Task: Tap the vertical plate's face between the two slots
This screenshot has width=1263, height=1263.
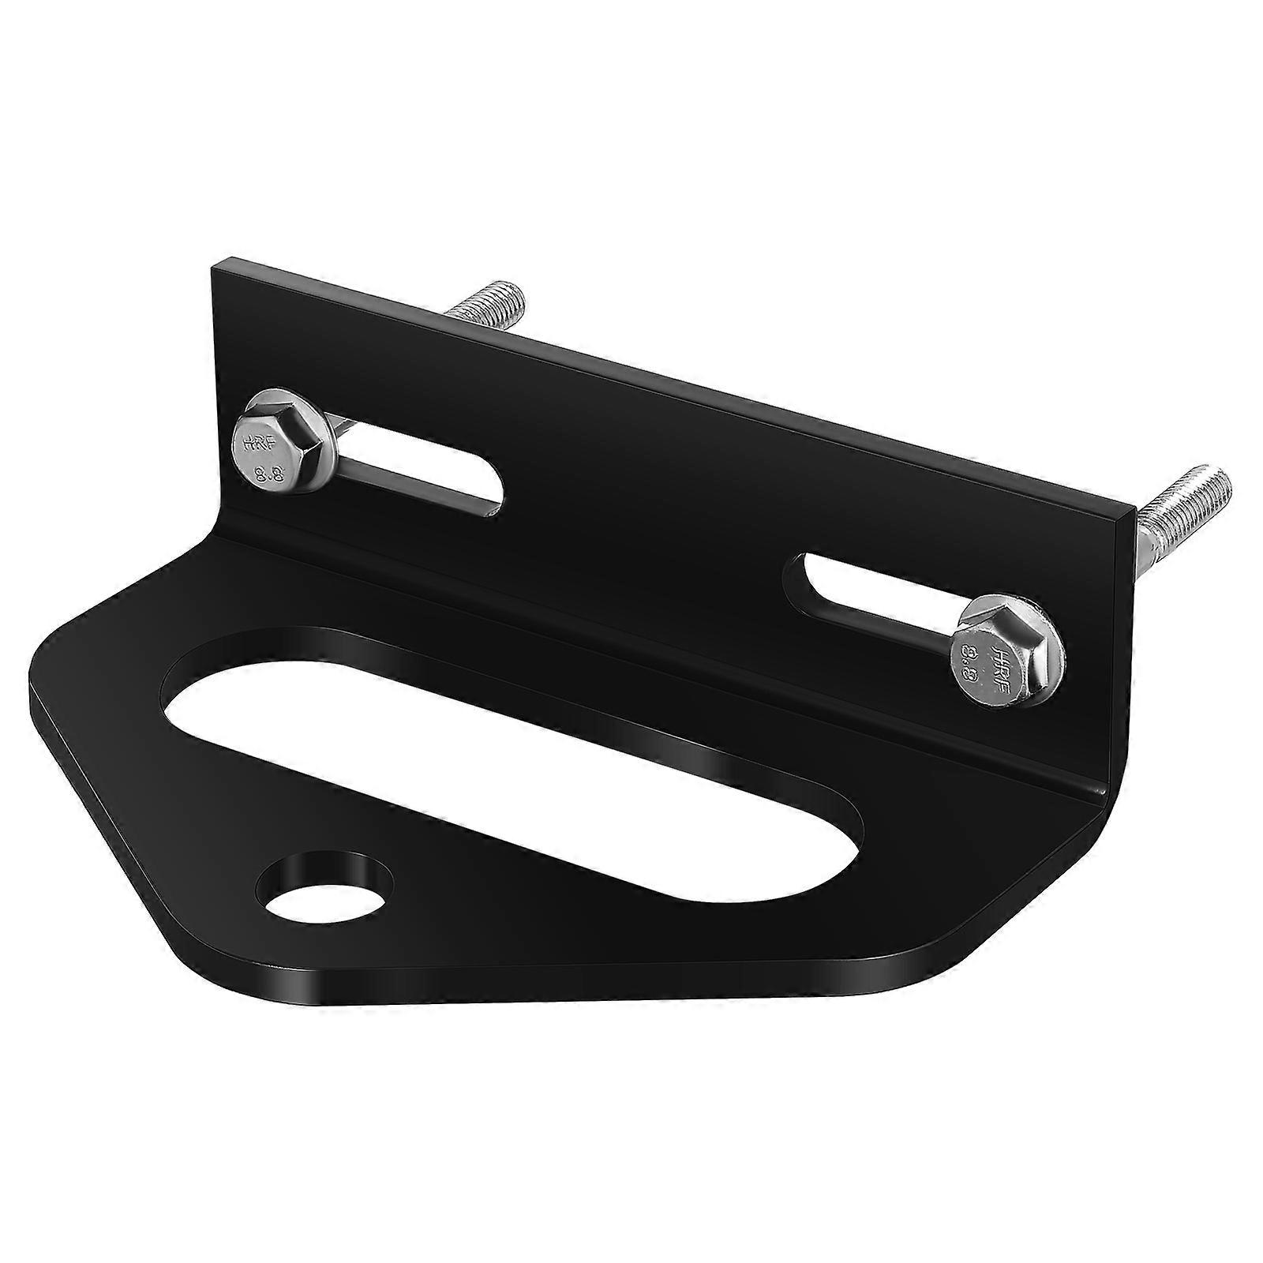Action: point(647,505)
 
